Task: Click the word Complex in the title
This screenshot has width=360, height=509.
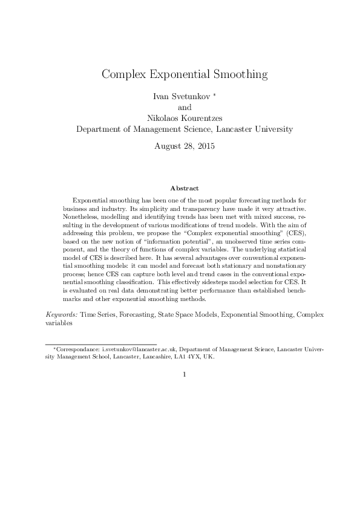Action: pos(123,75)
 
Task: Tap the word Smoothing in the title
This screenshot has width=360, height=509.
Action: pos(238,75)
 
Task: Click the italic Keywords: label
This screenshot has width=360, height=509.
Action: pos(62,315)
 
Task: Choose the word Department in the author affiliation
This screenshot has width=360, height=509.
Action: pos(99,129)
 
